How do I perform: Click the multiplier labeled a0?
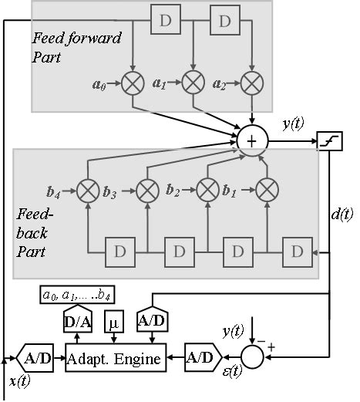133,82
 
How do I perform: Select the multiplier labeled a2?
251,82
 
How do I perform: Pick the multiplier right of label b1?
267,188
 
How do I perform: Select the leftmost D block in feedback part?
119,252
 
